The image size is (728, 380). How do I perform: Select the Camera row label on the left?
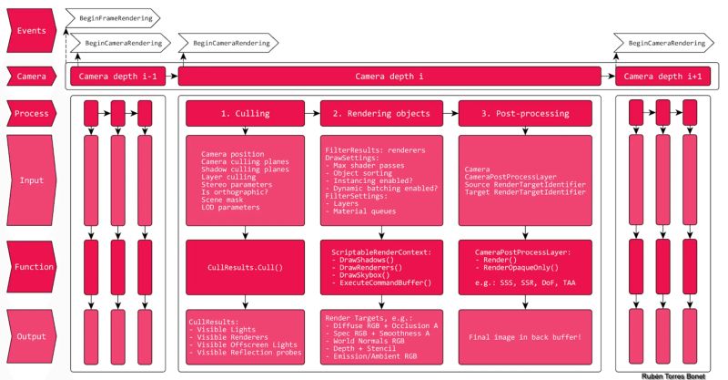coord(32,77)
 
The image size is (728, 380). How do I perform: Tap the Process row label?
coord(32,113)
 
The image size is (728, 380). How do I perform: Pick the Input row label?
coord(32,180)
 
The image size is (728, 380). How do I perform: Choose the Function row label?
coord(32,268)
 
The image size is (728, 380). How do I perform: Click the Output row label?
coord(32,337)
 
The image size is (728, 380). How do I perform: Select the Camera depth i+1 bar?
coord(662,77)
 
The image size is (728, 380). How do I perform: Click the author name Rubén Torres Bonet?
coord(678,375)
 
